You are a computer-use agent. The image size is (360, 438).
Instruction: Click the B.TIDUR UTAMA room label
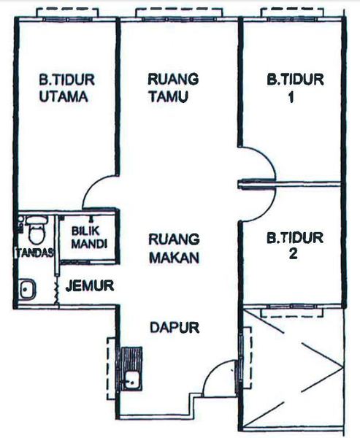click(x=66, y=88)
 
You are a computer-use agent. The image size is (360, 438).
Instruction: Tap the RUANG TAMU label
click(x=173, y=88)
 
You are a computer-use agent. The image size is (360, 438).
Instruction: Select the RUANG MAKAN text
click(x=174, y=249)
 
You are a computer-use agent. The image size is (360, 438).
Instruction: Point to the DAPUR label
click(x=175, y=327)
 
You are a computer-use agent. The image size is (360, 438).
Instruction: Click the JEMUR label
click(x=90, y=285)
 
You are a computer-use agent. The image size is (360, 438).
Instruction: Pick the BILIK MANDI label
click(x=89, y=237)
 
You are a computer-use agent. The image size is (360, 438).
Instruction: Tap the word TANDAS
click(x=34, y=253)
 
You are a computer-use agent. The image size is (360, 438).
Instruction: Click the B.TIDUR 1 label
click(x=295, y=88)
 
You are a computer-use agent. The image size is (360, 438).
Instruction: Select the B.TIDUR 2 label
click(x=295, y=245)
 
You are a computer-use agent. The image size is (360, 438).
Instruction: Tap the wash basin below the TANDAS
click(x=27, y=289)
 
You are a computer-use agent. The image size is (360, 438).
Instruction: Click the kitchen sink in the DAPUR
click(x=131, y=380)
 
